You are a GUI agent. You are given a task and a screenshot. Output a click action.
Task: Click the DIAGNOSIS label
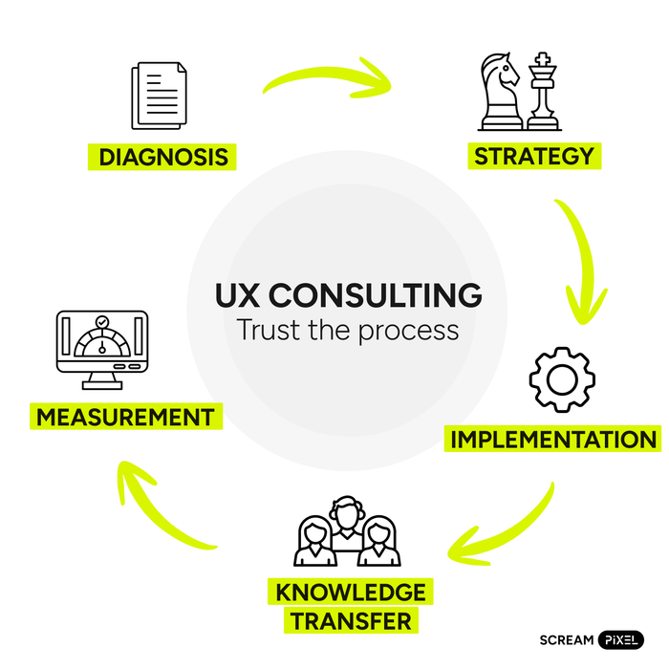(x=163, y=156)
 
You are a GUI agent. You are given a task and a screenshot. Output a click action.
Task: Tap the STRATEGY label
(x=534, y=155)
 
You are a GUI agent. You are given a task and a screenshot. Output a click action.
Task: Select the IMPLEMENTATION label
(x=553, y=440)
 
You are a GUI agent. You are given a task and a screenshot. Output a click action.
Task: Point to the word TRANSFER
(x=351, y=621)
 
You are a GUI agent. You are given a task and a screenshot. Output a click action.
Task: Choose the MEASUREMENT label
(x=125, y=418)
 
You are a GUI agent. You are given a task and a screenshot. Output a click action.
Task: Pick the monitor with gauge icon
(x=102, y=348)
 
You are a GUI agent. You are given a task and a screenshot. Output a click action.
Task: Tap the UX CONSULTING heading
(x=348, y=294)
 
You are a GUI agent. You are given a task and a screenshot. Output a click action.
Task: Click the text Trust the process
(x=348, y=330)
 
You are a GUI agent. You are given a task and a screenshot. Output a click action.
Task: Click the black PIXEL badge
(x=621, y=639)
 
